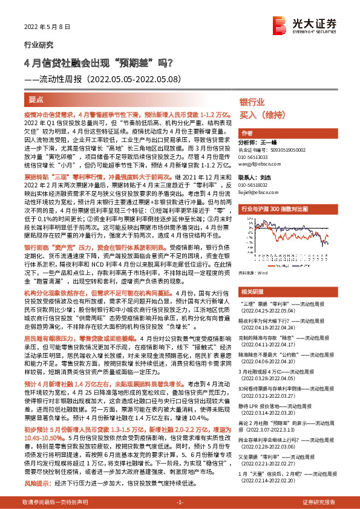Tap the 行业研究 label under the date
pos(39,44)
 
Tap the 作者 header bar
pos(247,132)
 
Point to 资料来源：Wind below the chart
pos(255,273)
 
